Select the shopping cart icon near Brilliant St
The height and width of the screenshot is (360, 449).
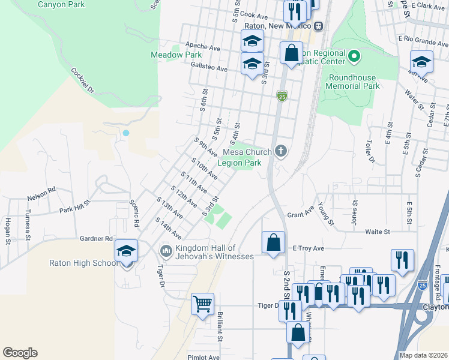[x=203, y=304]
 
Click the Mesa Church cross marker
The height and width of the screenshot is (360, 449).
[x=280, y=151]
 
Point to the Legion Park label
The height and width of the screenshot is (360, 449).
[x=240, y=163]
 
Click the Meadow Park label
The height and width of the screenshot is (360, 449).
[x=176, y=55]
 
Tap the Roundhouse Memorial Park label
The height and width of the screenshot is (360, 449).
[x=353, y=82]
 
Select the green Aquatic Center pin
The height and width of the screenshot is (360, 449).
[x=354, y=57]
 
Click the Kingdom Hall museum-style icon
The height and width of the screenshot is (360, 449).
[x=166, y=250]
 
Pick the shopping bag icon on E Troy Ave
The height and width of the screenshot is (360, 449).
[x=273, y=243]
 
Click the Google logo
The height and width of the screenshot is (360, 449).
[x=20, y=353]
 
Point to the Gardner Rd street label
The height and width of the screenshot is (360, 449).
[x=97, y=238]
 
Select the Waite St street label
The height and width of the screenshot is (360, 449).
[x=378, y=231]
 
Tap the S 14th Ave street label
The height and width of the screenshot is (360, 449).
[x=168, y=229]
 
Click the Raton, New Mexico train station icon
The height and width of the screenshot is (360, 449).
[x=318, y=26]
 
